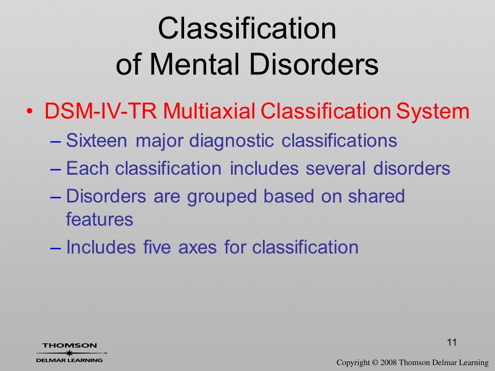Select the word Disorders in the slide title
click(313, 64)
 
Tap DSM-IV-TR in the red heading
click(101, 111)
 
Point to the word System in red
click(433, 112)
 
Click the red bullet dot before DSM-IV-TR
click(29, 112)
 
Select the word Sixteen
click(96, 140)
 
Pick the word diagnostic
click(231, 141)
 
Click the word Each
click(88, 168)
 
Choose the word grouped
click(222, 197)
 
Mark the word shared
click(376, 196)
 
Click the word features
click(100, 220)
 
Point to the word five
click(157, 247)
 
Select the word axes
click(197, 248)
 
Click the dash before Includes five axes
click(55, 248)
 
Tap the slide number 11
click(452, 342)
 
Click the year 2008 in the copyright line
click(388, 362)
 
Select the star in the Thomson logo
click(69, 352)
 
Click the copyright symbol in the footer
click(375, 362)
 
